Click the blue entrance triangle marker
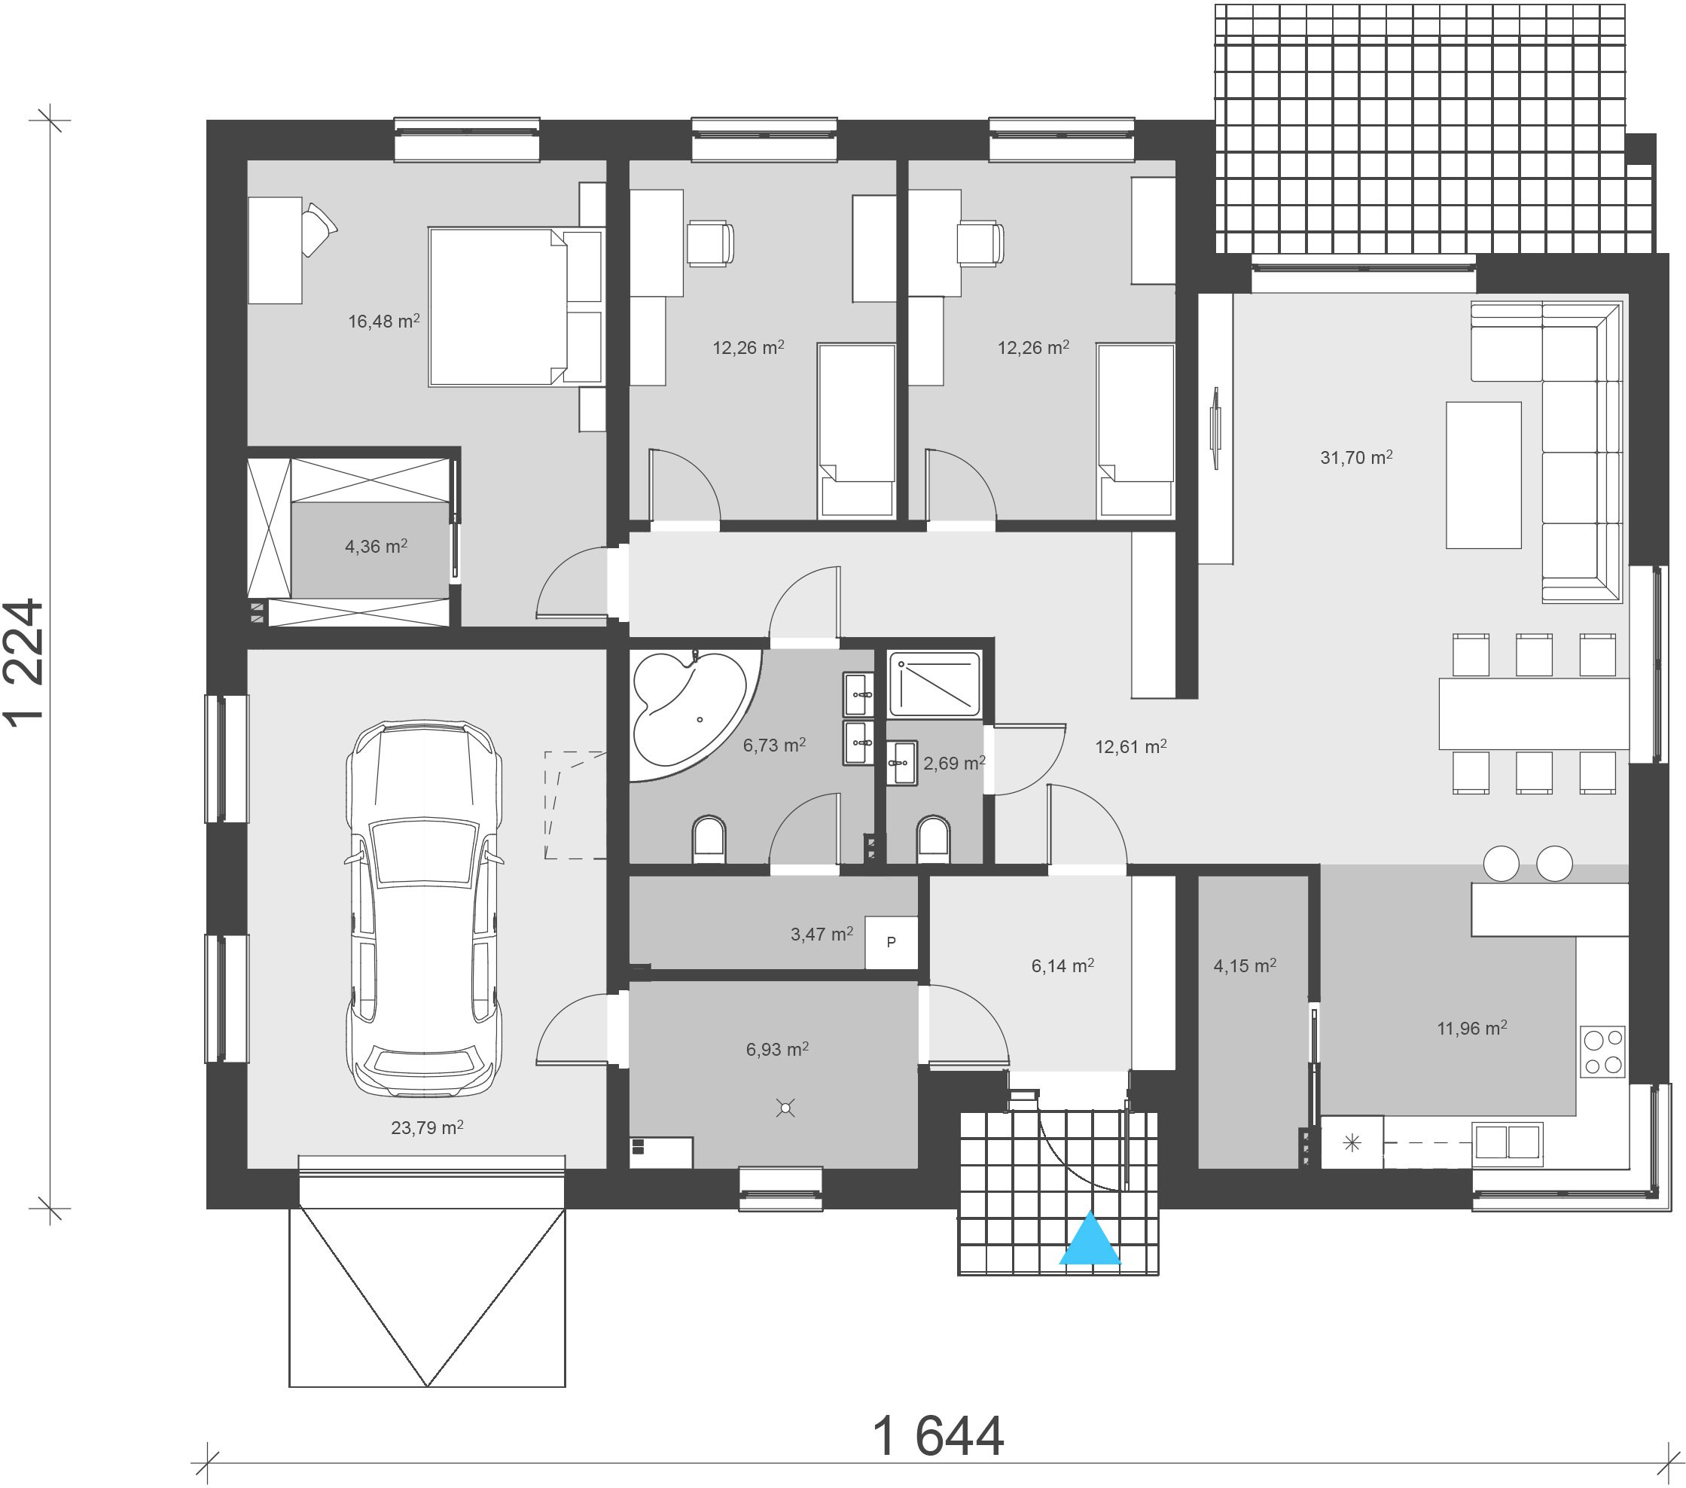tap(1090, 1238)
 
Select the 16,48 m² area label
tap(383, 321)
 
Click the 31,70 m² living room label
tap(1356, 457)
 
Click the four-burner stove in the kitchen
tap(1602, 1052)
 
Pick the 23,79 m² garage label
tap(426, 1127)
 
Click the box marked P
tap(891, 942)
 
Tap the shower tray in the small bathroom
tap(934, 684)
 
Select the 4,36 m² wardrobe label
tap(377, 546)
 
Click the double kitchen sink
tap(1507, 1142)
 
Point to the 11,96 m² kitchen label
tap(1472, 1029)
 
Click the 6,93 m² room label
tap(777, 1049)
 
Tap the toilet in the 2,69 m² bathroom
tap(933, 839)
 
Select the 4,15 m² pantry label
tap(1245, 965)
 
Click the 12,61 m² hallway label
tap(1130, 746)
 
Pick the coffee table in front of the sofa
tap(1483, 475)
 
